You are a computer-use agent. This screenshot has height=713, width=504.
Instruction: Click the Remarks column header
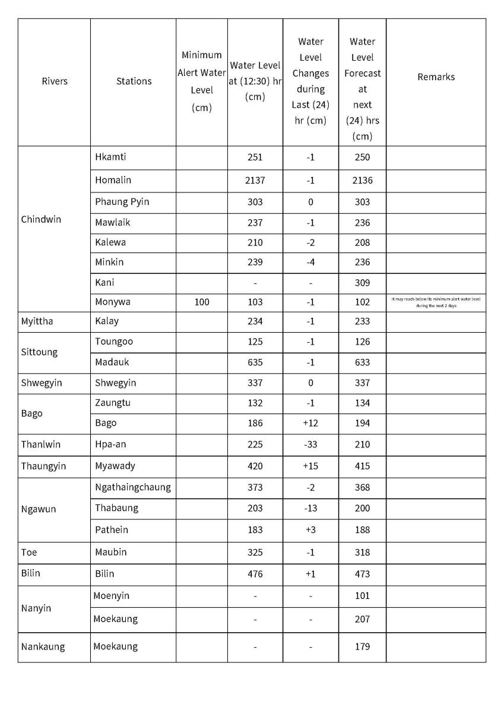pos(436,77)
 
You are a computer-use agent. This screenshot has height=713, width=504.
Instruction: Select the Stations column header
pos(134,81)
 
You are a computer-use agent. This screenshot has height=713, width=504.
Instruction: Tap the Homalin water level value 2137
pos(255,180)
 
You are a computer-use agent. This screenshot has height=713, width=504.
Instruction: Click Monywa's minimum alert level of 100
pos(202,302)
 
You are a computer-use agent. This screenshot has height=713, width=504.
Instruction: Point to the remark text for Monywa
pos(436,302)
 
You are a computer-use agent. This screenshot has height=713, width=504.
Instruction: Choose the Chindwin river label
pos(41,219)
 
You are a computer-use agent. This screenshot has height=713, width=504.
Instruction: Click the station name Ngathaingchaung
pos(132,487)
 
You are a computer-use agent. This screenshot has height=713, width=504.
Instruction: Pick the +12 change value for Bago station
pos(310,423)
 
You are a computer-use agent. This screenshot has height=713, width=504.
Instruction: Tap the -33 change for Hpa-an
pos(310,444)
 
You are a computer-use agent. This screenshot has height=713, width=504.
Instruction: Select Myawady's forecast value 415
pos(362,466)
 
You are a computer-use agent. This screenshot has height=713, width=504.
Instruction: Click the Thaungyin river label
pos(43,466)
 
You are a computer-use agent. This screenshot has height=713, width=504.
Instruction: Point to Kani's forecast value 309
pos(362,282)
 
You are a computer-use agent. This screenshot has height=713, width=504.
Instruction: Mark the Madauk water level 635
pos(255,362)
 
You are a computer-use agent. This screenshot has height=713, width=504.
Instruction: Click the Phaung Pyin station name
pos(122,201)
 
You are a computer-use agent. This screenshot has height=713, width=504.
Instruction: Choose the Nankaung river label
pos(43,646)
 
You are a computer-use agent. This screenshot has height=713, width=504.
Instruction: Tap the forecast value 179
pos(362,646)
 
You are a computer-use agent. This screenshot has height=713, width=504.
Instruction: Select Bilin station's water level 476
pos(255,574)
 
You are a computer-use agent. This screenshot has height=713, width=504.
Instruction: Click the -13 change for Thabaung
pos(310,508)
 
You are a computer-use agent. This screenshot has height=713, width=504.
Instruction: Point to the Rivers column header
pos(55,81)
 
